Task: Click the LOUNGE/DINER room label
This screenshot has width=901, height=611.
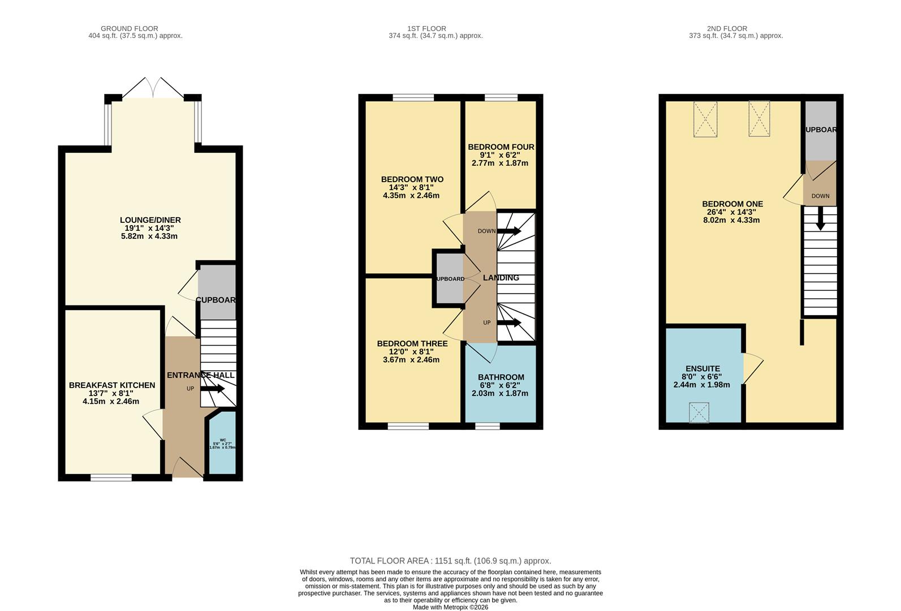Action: [150, 220]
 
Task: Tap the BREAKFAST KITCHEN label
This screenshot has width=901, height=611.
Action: [112, 385]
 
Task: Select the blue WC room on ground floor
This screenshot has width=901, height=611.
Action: [222, 444]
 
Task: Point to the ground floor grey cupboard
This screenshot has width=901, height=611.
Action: [217, 291]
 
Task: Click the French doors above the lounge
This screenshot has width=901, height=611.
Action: [153, 88]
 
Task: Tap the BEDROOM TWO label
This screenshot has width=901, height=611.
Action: [412, 179]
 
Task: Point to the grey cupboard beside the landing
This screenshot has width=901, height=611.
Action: [449, 279]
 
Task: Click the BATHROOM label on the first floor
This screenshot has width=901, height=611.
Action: [501, 377]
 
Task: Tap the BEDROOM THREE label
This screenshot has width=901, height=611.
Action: [412, 343]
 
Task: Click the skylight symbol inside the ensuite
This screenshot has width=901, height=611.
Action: [699, 412]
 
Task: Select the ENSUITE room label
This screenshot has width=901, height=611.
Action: [702, 368]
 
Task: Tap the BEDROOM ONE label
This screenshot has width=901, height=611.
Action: [732, 204]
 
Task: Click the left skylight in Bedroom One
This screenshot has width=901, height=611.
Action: [705, 119]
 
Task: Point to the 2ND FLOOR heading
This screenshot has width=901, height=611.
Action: [727, 28]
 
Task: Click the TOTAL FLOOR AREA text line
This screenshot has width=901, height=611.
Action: [450, 561]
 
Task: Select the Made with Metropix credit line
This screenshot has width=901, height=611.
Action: [450, 607]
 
